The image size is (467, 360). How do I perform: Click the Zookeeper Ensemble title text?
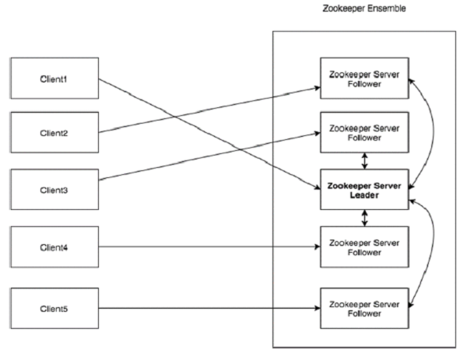tap(363, 9)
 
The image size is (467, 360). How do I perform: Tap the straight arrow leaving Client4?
tap(210, 247)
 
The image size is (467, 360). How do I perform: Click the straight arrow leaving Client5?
tap(210, 308)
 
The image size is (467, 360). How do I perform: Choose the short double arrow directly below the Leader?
tap(364, 218)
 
